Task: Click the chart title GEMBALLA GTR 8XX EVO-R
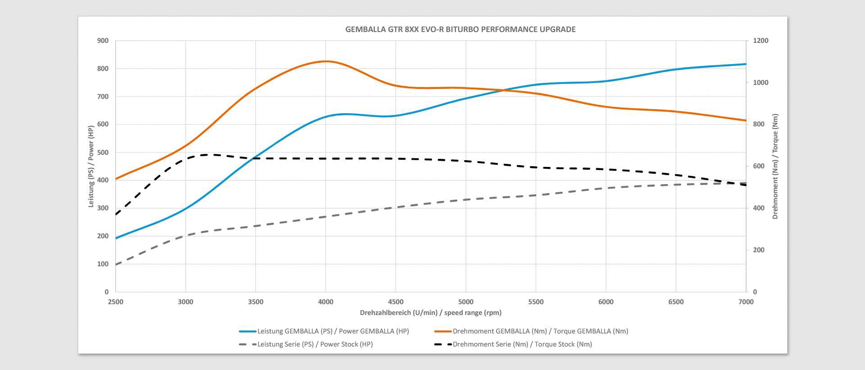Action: point(460,29)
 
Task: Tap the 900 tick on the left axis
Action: point(103,41)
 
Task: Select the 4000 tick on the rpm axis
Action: point(326,302)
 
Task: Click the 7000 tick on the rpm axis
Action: point(746,302)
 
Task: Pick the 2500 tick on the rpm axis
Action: point(116,302)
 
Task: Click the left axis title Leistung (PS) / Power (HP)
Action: point(91,166)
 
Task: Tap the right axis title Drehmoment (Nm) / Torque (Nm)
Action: point(775,166)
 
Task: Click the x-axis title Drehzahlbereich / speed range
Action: point(430,313)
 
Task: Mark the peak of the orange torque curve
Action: point(325,61)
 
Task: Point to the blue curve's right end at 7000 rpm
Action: point(746,64)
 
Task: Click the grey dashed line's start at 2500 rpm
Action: point(116,264)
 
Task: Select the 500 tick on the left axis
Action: point(103,153)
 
